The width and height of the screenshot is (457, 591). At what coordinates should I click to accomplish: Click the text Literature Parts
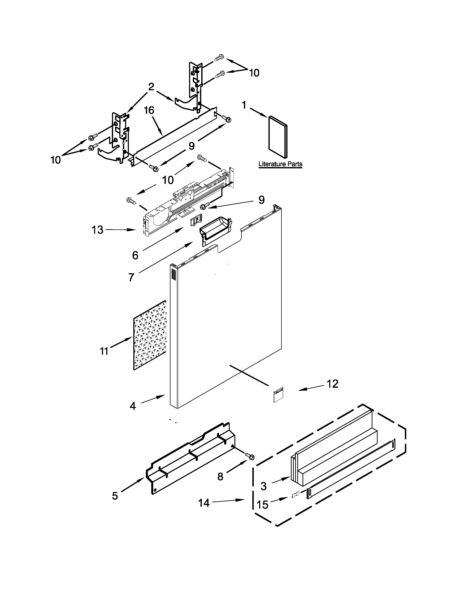(280, 164)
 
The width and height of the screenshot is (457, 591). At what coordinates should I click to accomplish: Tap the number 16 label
(149, 110)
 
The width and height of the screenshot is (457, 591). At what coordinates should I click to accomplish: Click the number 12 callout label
(332, 384)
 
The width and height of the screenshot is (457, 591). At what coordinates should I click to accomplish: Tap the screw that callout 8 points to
(250, 456)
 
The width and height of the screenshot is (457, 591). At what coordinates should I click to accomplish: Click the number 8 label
(220, 477)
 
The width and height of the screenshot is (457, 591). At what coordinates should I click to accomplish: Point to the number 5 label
(115, 496)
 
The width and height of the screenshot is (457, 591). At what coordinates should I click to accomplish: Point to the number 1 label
(244, 105)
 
